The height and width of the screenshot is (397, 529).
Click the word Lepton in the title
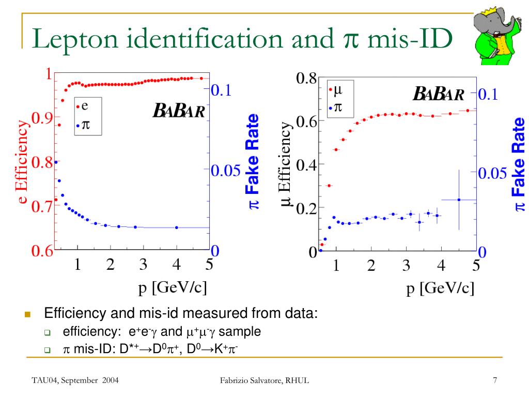click(75, 39)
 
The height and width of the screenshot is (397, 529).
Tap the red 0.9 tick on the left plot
click(42, 118)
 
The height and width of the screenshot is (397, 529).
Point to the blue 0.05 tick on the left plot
click(225, 171)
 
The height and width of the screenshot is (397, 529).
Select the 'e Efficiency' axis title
click(22, 162)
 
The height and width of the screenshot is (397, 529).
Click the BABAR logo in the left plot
click(178, 111)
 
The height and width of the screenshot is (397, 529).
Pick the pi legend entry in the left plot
click(83, 125)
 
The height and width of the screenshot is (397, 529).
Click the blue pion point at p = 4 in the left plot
click(177, 227)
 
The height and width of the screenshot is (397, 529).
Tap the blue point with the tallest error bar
click(459, 200)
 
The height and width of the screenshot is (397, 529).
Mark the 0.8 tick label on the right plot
click(306, 79)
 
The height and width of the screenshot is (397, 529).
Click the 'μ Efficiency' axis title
click(285, 164)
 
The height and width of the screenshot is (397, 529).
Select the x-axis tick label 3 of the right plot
click(406, 265)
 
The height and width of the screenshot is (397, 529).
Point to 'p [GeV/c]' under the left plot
click(173, 287)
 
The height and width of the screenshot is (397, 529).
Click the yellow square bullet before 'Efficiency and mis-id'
click(28, 314)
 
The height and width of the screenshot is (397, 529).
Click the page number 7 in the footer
click(495, 380)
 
